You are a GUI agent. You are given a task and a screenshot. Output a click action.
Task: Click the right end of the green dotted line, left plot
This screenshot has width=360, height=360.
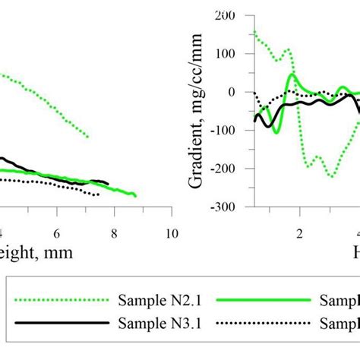point(88,137)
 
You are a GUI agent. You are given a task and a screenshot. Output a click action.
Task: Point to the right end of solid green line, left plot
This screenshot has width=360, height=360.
point(135,196)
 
